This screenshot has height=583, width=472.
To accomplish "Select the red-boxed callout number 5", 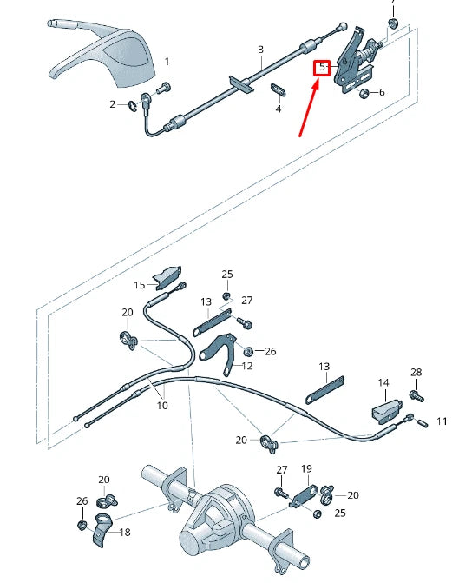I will click(322, 67).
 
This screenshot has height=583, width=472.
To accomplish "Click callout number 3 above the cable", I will click(260, 50).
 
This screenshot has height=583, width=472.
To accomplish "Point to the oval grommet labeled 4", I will click(279, 89).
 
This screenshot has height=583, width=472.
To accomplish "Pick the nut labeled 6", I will click(364, 92).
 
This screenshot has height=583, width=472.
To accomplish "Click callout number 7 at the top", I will click(392, 3).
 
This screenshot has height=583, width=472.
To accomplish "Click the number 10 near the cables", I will click(162, 405).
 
